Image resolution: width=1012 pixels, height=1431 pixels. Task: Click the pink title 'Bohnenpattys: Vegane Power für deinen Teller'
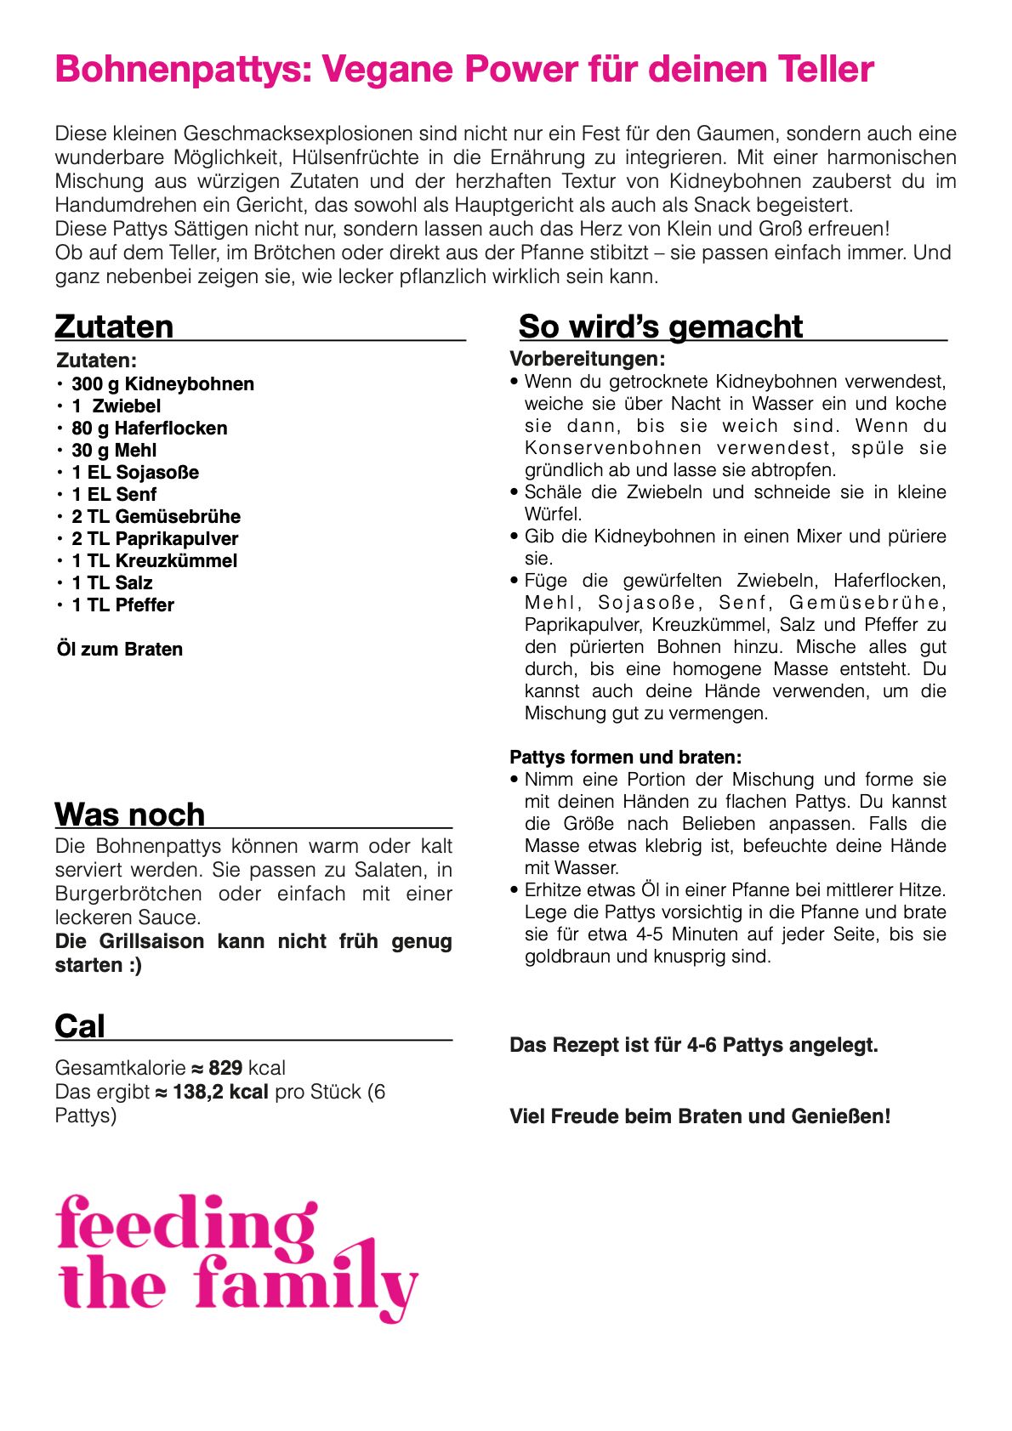click(464, 70)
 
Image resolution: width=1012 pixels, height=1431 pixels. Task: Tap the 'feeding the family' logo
click(236, 1257)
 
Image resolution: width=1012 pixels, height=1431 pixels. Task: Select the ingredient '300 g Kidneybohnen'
click(162, 384)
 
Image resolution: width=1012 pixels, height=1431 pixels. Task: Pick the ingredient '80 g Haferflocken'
click(149, 429)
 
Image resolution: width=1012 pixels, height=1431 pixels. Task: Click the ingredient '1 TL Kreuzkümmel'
click(154, 561)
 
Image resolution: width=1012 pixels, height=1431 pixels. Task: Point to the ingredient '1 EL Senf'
click(114, 495)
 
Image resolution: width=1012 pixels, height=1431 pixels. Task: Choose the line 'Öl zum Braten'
click(120, 650)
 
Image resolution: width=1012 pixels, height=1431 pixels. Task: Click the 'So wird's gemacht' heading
click(660, 327)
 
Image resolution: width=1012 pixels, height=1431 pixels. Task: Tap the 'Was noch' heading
click(130, 815)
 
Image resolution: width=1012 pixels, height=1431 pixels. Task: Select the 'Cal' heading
click(80, 1026)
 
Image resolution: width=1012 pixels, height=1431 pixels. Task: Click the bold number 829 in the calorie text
click(225, 1068)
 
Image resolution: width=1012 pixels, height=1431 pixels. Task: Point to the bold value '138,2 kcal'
click(220, 1092)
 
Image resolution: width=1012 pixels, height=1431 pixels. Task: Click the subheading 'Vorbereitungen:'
click(587, 359)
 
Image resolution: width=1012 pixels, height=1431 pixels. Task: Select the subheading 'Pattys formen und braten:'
click(625, 758)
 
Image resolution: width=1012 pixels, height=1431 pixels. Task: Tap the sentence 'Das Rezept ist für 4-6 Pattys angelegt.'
click(693, 1045)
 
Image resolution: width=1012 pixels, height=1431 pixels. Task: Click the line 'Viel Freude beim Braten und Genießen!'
click(700, 1116)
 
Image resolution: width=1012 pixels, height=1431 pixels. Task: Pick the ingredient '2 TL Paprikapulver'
click(155, 539)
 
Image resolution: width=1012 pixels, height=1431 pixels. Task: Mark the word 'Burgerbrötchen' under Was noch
click(128, 894)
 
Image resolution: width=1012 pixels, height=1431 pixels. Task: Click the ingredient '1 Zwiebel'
click(116, 406)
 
